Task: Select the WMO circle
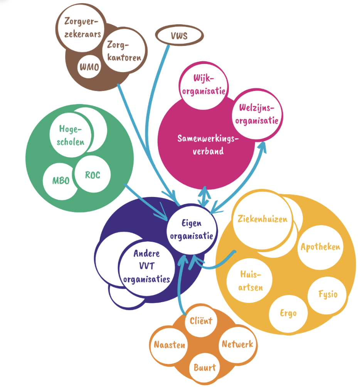(89, 67)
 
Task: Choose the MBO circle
(61, 180)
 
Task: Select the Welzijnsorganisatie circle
(257, 114)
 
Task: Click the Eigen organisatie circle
(192, 229)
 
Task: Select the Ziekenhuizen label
(262, 220)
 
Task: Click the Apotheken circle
(320, 247)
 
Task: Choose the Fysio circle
(328, 294)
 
